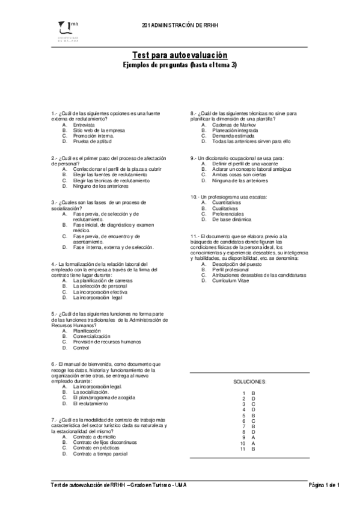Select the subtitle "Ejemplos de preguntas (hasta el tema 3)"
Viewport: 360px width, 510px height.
tap(180, 64)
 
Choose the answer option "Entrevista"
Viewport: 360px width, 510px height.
tap(84, 124)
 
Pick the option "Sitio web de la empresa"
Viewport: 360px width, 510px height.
tap(99, 130)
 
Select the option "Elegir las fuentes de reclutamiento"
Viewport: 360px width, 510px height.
tap(111, 175)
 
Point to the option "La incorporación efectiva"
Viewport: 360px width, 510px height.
tap(100, 292)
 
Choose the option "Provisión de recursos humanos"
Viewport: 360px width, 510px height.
tap(107, 342)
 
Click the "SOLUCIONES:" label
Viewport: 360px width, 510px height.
tap(250, 381)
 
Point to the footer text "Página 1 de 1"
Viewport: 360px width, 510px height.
tap(325, 485)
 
